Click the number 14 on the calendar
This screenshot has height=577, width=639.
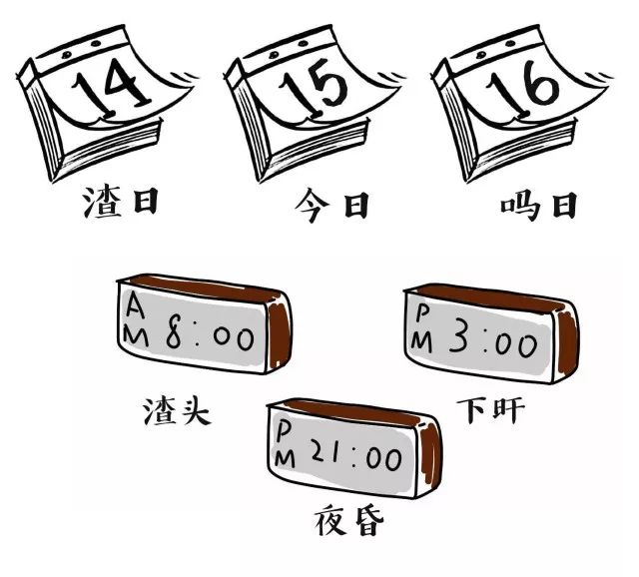pyautogui.click(x=112, y=89)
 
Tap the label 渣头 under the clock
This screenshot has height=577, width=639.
pyautogui.click(x=178, y=409)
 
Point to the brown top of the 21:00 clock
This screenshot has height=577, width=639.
pyautogui.click(x=349, y=410)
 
